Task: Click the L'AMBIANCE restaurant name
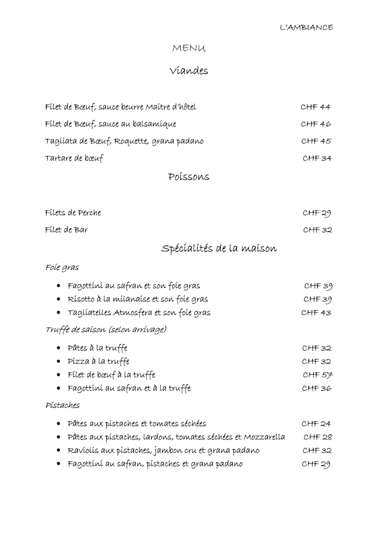[306, 27]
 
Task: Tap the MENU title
[189, 48]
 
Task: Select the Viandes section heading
[189, 71]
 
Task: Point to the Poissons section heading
[188, 176]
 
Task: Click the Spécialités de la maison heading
[219, 248]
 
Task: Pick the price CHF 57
[317, 375]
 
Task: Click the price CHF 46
[316, 124]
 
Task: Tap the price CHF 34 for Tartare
[317, 158]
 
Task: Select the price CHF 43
[317, 312]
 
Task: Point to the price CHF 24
[317, 423]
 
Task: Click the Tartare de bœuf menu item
[74, 158]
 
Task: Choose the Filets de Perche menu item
[73, 213]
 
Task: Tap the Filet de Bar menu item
[66, 229]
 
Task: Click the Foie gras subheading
[62, 268]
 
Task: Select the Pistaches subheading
[63, 406]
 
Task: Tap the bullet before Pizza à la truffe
[58, 361]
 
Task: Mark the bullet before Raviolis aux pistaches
[58, 450]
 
